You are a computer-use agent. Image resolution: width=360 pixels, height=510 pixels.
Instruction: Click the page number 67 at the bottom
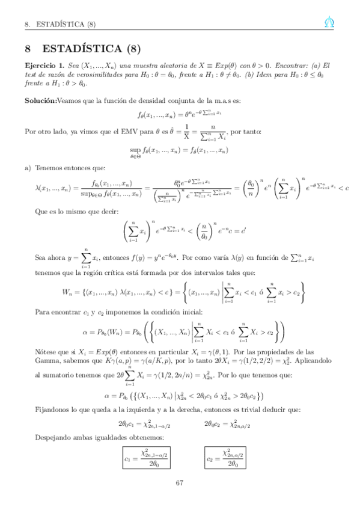180,482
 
